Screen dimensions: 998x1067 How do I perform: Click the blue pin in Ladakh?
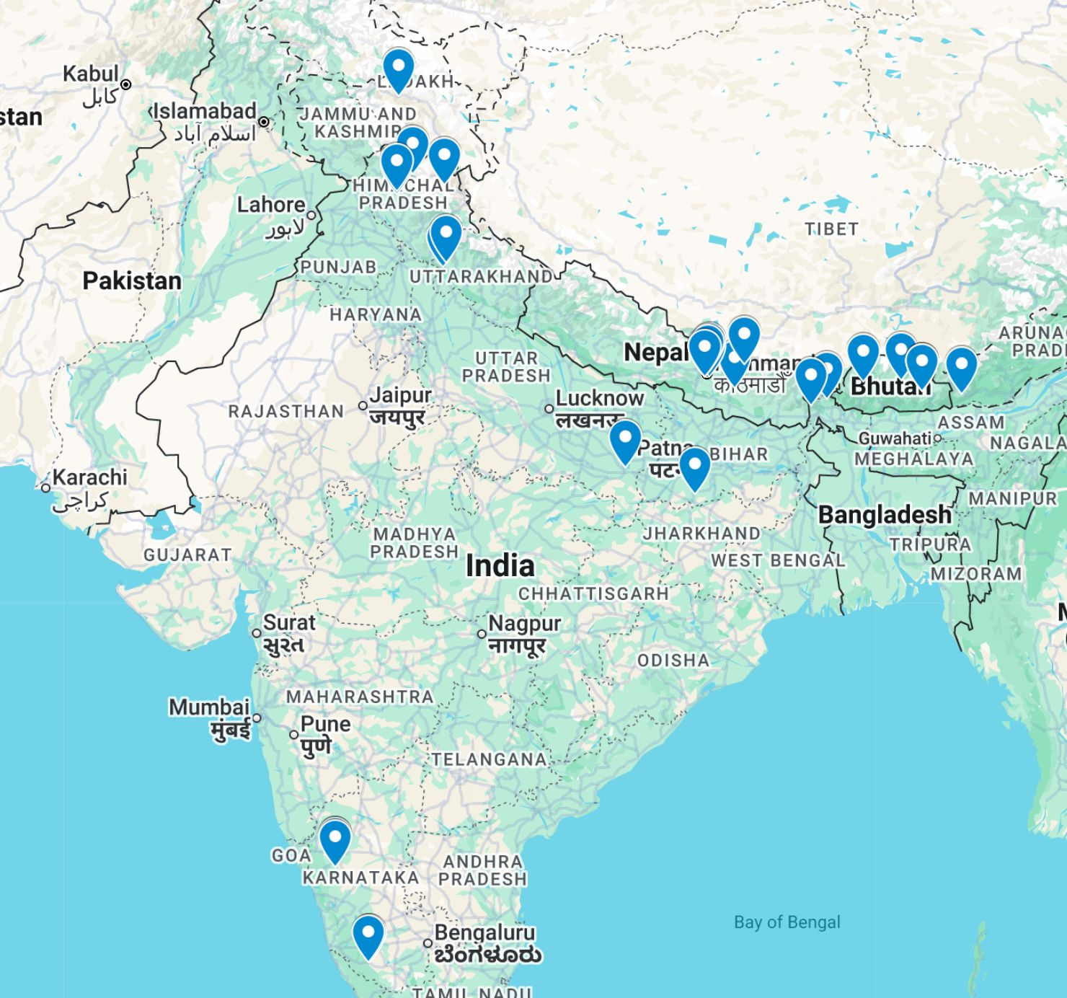398,69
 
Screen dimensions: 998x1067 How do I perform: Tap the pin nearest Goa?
335,839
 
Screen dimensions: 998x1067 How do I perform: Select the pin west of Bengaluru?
368,935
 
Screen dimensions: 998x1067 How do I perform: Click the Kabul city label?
91,74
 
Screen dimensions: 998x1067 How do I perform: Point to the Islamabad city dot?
264,122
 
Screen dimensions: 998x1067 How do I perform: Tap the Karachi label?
89,477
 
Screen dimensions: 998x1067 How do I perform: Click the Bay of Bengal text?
787,922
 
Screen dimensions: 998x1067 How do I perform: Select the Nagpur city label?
524,623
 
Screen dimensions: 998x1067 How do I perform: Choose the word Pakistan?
132,281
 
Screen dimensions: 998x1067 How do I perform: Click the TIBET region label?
831,229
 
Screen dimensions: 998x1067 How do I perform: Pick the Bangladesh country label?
885,515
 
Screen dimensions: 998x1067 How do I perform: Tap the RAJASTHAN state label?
286,412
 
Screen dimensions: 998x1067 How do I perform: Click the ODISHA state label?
673,661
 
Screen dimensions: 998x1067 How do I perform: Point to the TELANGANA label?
490,760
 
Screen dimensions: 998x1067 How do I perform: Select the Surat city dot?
257,633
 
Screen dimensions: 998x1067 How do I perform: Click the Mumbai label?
209,707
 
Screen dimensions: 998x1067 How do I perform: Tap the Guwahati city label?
895,438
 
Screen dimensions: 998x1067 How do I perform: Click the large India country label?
500,566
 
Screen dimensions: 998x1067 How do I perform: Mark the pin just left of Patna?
625,439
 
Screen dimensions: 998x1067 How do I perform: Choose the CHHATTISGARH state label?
593,594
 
